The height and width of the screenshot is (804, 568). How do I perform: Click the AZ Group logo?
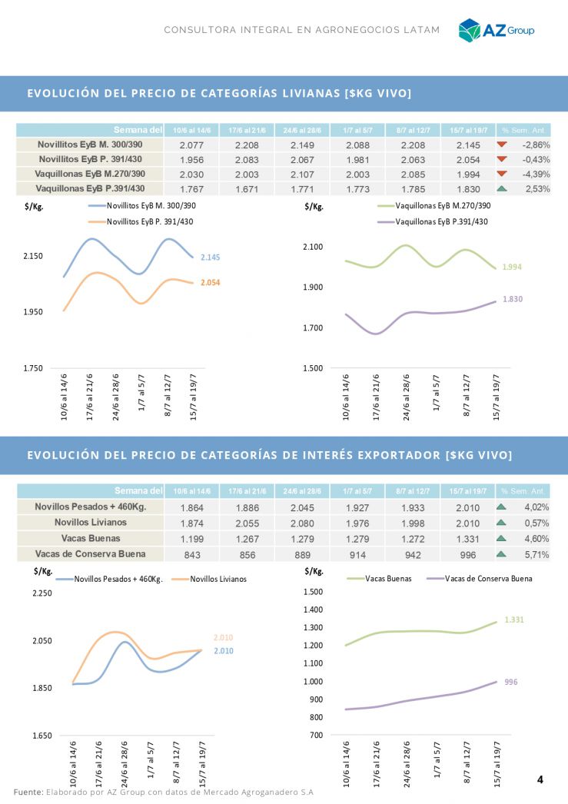[496, 30]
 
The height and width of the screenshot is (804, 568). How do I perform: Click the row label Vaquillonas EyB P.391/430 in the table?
[90, 188]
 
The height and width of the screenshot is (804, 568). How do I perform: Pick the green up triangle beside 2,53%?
[502, 188]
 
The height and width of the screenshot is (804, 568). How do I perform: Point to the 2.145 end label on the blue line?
[210, 257]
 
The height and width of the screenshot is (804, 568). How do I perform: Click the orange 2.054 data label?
[210, 283]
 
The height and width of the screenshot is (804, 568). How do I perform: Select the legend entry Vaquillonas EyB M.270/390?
[442, 206]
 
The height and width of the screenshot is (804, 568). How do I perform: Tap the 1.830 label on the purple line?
[513, 299]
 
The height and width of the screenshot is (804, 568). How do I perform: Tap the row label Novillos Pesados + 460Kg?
[90, 507]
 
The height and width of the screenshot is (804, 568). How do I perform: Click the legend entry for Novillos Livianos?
[218, 579]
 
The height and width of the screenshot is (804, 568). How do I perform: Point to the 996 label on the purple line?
[512, 682]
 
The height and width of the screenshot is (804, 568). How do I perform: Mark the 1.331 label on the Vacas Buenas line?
[514, 620]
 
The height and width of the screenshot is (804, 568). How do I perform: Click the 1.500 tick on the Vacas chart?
[314, 592]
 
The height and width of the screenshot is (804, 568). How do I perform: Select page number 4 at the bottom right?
[540, 779]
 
